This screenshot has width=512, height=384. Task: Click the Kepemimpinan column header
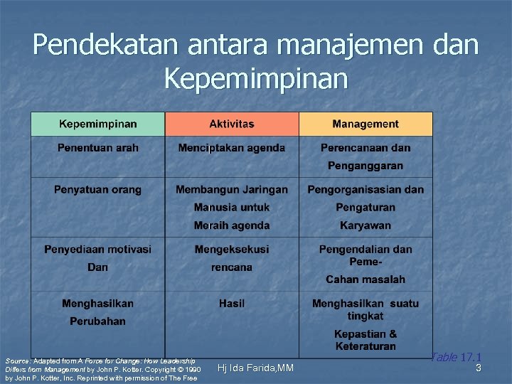pyautogui.click(x=98, y=124)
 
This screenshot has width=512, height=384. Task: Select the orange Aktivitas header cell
pyautogui.click(x=232, y=124)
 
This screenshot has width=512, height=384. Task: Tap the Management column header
pyautogui.click(x=366, y=124)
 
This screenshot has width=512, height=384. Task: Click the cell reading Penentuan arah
pyautogui.click(x=98, y=148)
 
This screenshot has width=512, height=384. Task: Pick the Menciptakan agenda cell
pyautogui.click(x=232, y=148)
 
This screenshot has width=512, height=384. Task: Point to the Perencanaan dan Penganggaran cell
pyautogui.click(x=366, y=156)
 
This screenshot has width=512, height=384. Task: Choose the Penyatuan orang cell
pyautogui.click(x=98, y=189)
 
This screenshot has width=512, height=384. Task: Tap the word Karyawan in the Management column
pyautogui.click(x=366, y=225)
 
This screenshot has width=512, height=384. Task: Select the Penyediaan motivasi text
pyautogui.click(x=98, y=249)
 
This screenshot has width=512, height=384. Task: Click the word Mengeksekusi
pyautogui.click(x=232, y=249)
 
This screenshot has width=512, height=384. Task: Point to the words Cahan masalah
pyautogui.click(x=366, y=279)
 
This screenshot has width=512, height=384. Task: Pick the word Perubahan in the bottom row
pyautogui.click(x=98, y=321)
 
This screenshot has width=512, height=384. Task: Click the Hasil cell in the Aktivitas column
pyautogui.click(x=232, y=304)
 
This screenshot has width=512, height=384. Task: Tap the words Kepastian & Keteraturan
pyautogui.click(x=366, y=340)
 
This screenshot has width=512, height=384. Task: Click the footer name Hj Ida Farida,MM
pyautogui.click(x=255, y=368)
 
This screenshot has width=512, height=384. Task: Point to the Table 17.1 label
pyautogui.click(x=456, y=357)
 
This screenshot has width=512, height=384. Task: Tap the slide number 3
pyautogui.click(x=479, y=368)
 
